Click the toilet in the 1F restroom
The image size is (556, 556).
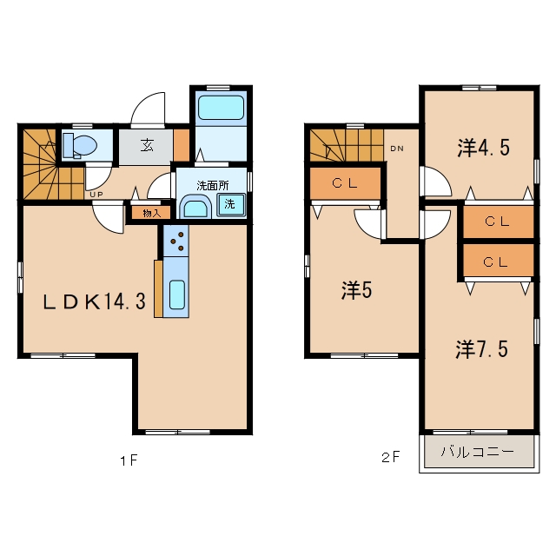pos(80,145)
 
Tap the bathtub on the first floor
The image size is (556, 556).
pos(221,108)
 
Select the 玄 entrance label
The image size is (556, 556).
pos(147,145)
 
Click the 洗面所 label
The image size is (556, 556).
pos(213,185)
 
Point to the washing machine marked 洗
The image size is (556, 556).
pos(231,204)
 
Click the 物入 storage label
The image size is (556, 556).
pos(151,213)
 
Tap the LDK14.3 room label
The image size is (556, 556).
pos(94,302)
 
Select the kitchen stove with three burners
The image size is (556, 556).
pos(175,242)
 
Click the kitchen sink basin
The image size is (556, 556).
pos(177,295)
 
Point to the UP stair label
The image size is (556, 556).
pos(96,195)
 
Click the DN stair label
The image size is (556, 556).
pos(397,149)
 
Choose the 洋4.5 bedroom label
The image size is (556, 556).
pos(484,148)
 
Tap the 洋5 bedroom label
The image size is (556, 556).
pos(357,290)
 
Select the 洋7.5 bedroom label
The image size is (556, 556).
pos(482,349)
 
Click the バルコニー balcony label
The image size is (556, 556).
pos(478,452)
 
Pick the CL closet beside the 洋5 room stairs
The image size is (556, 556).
pos(345,183)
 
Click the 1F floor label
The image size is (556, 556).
pos(129,460)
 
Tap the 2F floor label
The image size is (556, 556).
pos(390,457)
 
